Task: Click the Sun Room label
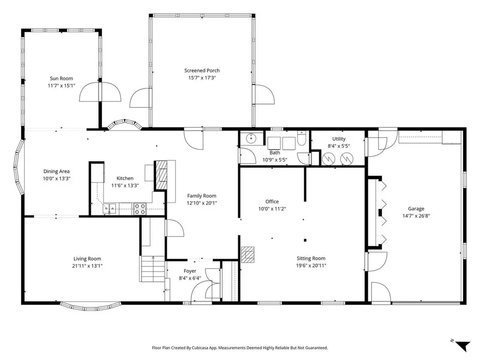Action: [x=61, y=79]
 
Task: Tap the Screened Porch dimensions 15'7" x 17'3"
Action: [x=202, y=78]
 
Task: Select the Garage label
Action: [x=416, y=209]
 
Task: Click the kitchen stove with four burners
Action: [x=140, y=209]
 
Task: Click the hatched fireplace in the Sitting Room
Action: [x=248, y=254]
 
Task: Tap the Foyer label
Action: [x=190, y=271]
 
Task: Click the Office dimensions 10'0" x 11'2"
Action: [x=272, y=209]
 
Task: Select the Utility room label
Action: [x=338, y=139]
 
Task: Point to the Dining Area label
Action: [x=57, y=171]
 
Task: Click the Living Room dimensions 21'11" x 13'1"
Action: [x=87, y=266]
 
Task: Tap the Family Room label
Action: [x=202, y=195]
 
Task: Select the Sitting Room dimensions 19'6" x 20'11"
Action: [x=311, y=265]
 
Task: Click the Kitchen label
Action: [x=125, y=178]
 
